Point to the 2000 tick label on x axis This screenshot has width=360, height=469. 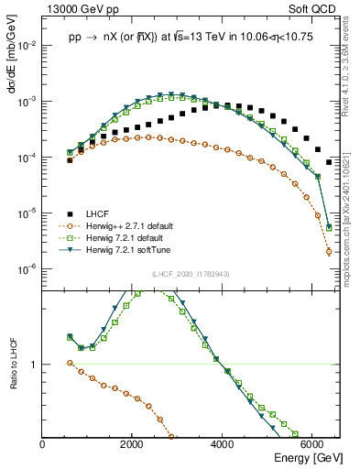(x=133, y=442)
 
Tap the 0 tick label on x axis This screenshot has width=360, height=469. (x=43, y=442)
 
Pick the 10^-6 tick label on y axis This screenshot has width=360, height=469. (x=27, y=268)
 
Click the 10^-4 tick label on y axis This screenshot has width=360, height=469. (x=27, y=158)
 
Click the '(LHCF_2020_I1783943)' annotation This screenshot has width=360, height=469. (x=191, y=274)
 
